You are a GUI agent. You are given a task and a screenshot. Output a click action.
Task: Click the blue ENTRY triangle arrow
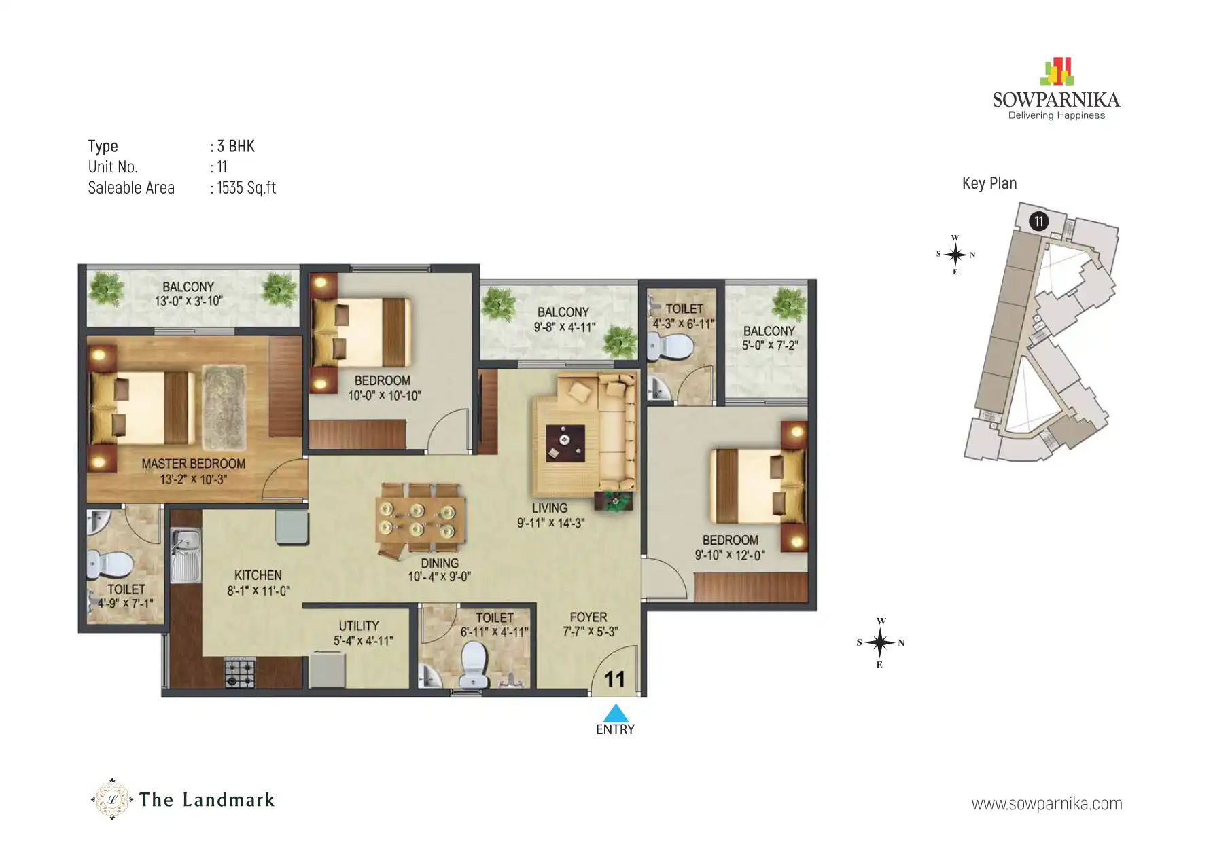pyautogui.click(x=615, y=713)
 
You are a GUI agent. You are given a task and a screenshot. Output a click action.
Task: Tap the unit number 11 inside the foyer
pyautogui.click(x=614, y=678)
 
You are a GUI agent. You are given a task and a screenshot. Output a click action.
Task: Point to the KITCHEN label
pyautogui.click(x=258, y=575)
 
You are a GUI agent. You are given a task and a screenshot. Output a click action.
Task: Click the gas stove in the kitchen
pyautogui.click(x=240, y=672)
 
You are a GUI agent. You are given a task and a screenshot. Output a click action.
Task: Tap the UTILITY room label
pyautogui.click(x=359, y=626)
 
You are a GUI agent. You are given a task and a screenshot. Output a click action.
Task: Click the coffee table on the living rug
pyautogui.click(x=565, y=442)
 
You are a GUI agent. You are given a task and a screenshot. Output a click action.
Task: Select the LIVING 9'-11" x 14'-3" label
pyautogui.click(x=550, y=515)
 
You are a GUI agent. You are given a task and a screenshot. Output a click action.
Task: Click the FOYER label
pyautogui.click(x=588, y=617)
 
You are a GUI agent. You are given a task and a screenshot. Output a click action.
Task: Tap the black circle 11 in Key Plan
pyautogui.click(x=1038, y=221)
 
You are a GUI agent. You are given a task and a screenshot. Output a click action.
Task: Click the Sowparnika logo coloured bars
pyautogui.click(x=1057, y=72)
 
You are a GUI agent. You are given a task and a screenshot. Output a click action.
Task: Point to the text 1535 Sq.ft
pyautogui.click(x=246, y=188)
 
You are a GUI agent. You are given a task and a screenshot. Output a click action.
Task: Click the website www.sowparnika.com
pyautogui.click(x=1047, y=804)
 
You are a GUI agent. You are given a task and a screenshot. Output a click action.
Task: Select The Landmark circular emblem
pyautogui.click(x=112, y=799)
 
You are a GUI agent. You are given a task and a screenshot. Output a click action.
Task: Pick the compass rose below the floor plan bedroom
pyautogui.click(x=880, y=642)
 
